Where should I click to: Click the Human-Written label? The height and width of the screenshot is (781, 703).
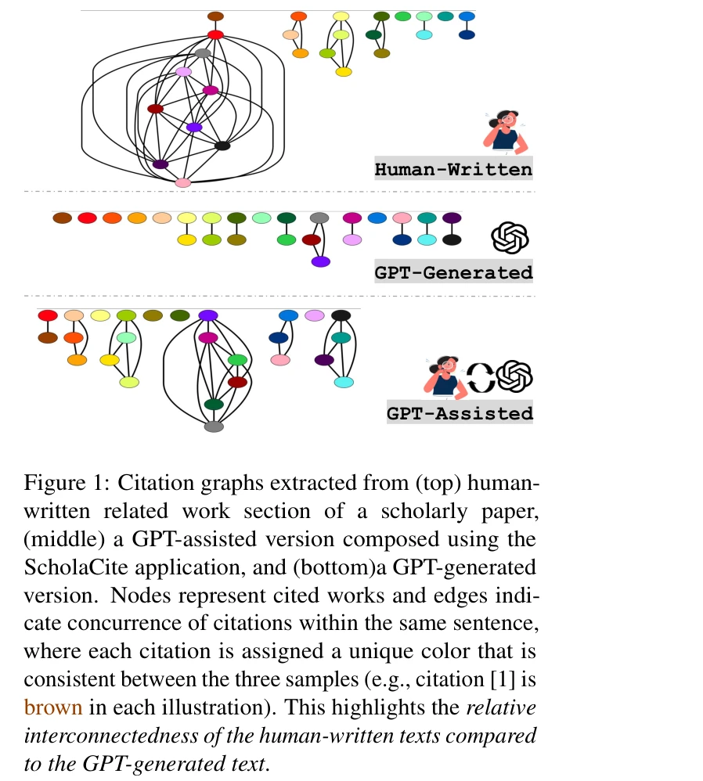coord(453,169)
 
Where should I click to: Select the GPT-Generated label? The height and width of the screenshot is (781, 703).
coord(453,272)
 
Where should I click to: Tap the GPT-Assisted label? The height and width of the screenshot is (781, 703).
coord(460,412)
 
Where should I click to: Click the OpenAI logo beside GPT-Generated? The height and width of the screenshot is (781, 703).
coord(510,237)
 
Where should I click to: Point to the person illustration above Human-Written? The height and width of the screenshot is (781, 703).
coord(505,130)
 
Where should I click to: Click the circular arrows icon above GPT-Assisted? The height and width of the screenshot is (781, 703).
coord(481,377)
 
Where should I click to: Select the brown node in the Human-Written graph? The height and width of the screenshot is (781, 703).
coord(216,16)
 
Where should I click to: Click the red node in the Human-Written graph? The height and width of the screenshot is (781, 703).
coord(216,34)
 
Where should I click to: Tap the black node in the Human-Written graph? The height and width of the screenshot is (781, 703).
coord(222,146)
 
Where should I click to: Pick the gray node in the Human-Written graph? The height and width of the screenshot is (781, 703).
coord(203,53)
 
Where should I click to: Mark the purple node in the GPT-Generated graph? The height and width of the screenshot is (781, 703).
coord(320,261)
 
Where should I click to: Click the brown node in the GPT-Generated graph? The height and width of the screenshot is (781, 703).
coord(62,218)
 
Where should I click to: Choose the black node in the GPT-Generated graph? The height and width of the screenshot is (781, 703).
coord(452,239)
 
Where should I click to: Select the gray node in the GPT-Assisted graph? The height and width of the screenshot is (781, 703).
coord(214,426)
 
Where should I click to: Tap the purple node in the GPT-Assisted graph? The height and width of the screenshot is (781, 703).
coord(207,315)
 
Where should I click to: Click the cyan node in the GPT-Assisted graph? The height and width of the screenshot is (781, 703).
coord(344,382)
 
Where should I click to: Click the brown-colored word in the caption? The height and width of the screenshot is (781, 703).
coord(53,707)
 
